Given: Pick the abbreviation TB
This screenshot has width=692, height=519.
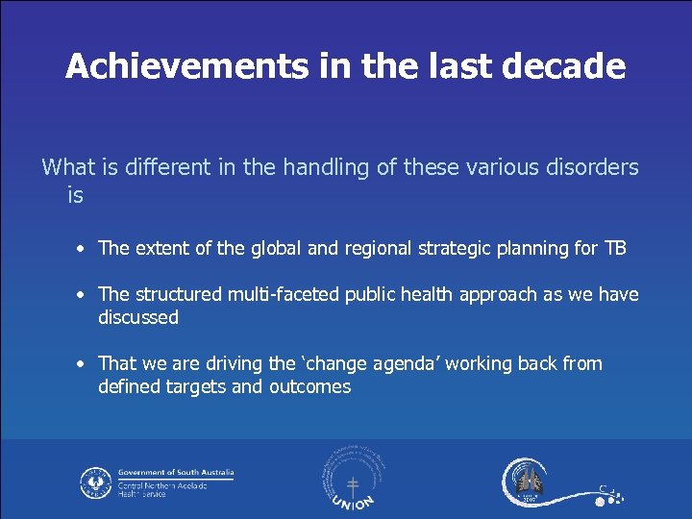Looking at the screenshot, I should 614,248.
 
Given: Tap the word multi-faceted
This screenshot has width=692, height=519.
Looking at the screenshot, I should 272,294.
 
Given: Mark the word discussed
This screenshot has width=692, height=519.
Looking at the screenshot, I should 138,317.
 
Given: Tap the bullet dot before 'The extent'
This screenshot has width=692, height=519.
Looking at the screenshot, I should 84,249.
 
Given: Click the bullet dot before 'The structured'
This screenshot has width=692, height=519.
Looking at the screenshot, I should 84,295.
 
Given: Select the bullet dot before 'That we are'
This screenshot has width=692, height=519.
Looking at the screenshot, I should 84,364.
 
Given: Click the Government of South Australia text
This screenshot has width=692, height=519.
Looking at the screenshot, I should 176,473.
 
